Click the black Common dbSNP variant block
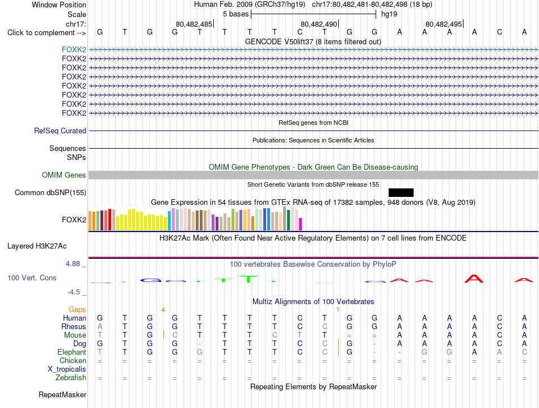[x=401, y=192]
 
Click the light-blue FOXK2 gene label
[x=74, y=49]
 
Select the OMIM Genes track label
[x=64, y=175]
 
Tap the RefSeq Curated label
[x=60, y=131]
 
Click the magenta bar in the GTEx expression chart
[x=301, y=224]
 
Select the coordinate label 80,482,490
[x=319, y=24]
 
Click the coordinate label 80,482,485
[x=194, y=24]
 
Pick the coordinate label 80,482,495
[x=444, y=24]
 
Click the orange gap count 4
[x=163, y=310]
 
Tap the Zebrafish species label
[x=71, y=377]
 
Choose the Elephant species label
[x=71, y=352]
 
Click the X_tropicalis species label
[x=67, y=369]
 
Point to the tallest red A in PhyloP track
[x=474, y=279]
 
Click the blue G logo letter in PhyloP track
[x=150, y=280]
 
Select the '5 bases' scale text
[x=235, y=14]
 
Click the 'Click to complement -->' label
[x=47, y=33]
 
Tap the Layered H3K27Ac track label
[x=37, y=246]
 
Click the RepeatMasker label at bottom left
[x=62, y=394]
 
